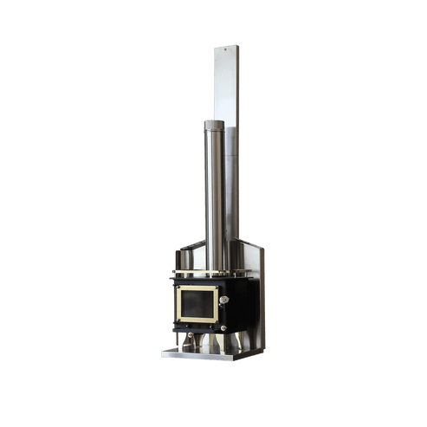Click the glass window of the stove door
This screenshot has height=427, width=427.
click(x=197, y=303)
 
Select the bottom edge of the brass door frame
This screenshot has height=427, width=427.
click(x=197, y=320)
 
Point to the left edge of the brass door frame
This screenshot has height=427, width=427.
click(x=178, y=303)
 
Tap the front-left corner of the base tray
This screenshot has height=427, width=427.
click(x=163, y=354)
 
